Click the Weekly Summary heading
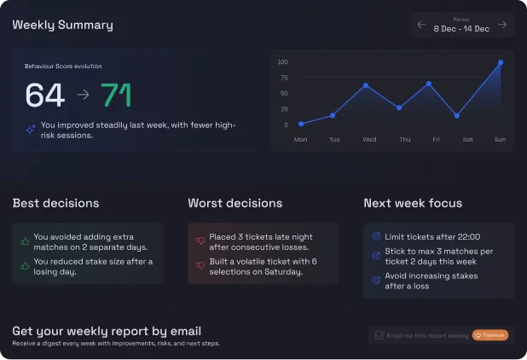(x=62, y=25)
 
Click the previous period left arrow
(x=421, y=25)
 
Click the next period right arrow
(x=502, y=25)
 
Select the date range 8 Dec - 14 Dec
(x=461, y=28)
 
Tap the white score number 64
(x=44, y=95)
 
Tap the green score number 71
(x=116, y=95)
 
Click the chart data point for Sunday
(x=501, y=62)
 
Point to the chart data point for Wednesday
(x=365, y=85)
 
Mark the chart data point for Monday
(x=300, y=124)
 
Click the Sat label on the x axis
(x=466, y=139)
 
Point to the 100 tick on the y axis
(x=283, y=62)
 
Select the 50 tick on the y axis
(x=284, y=93)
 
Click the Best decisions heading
(x=55, y=203)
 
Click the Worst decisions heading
(x=235, y=203)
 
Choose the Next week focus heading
(x=413, y=203)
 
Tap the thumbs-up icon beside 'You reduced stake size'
(x=25, y=266)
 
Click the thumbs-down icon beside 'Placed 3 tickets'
(x=200, y=241)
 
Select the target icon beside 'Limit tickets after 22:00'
(x=377, y=236)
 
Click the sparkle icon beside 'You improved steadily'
(x=30, y=129)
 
